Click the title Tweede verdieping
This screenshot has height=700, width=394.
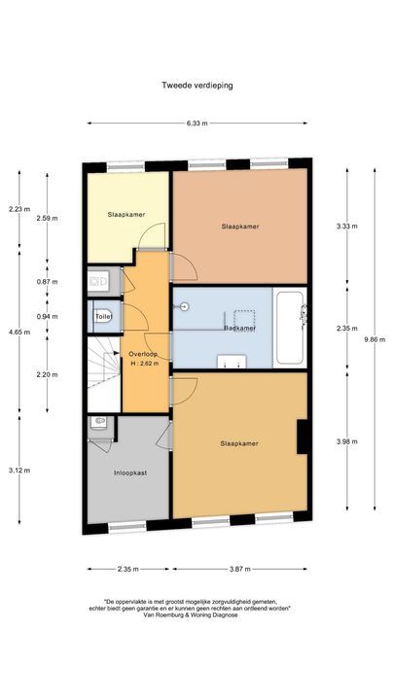click(197, 85)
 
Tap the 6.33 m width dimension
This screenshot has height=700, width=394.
click(197, 123)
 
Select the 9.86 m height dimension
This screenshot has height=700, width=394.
click(371, 339)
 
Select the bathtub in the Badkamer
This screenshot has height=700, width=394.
click(290, 328)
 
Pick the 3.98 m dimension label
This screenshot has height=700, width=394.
click(346, 443)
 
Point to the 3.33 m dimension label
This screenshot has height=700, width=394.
click(346, 227)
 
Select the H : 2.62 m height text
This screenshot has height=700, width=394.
click(144, 365)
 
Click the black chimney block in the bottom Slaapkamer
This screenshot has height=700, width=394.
click(302, 435)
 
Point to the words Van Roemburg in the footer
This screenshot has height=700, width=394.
click(166, 614)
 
